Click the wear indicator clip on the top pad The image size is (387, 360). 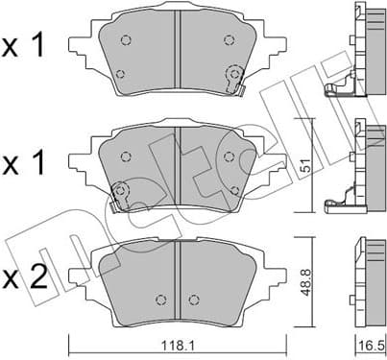tap(234, 80)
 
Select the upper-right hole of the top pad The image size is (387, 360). tap(228, 39)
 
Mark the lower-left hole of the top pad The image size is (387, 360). tap(119, 74)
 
